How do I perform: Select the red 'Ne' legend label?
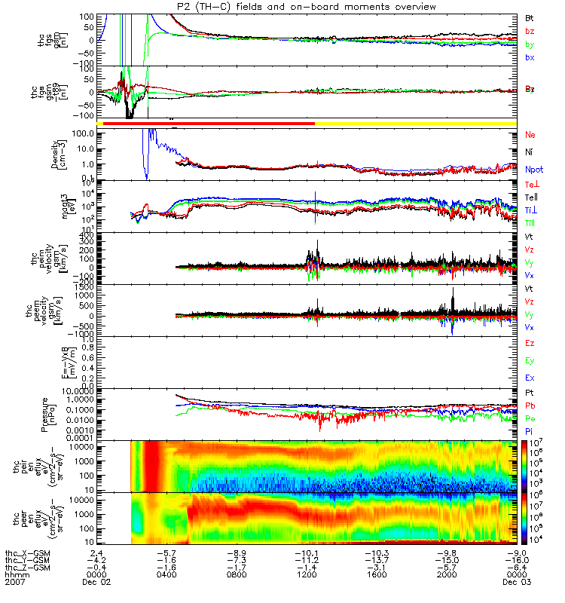tap(530, 135)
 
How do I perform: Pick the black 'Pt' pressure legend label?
tap(530, 393)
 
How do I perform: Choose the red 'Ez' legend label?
tap(530, 343)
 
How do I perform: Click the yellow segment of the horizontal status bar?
tap(414, 122)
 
